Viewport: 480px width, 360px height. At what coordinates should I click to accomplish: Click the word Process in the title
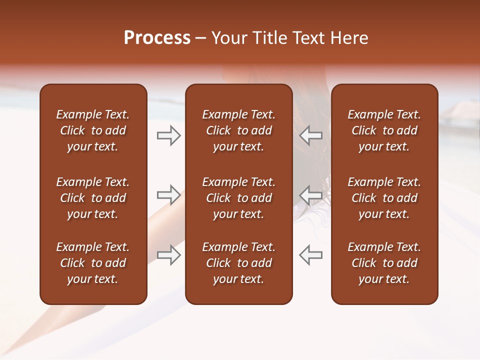157,38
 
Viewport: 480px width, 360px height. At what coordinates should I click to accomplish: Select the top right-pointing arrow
168,135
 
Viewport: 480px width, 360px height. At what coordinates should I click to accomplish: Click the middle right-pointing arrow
168,195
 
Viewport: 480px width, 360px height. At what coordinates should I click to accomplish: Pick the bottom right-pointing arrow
168,255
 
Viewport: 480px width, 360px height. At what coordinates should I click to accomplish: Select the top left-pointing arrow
311,135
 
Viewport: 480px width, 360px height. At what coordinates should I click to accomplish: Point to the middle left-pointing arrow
311,195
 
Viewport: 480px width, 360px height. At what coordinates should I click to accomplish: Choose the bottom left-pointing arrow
311,255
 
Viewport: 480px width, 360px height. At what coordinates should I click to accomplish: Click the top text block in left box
93,130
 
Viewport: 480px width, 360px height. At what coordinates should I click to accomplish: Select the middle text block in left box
93,198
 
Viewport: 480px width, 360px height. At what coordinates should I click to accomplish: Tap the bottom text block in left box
93,263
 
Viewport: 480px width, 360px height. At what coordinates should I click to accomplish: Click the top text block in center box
238,130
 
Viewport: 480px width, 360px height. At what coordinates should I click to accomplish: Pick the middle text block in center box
238,198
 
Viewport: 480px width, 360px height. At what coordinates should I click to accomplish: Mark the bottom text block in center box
238,263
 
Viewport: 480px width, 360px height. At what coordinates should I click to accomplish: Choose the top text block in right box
384,130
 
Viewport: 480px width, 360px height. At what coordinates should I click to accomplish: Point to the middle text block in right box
384,198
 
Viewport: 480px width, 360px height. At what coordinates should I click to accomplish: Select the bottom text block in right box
384,263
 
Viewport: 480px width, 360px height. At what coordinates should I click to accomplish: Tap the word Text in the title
308,38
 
